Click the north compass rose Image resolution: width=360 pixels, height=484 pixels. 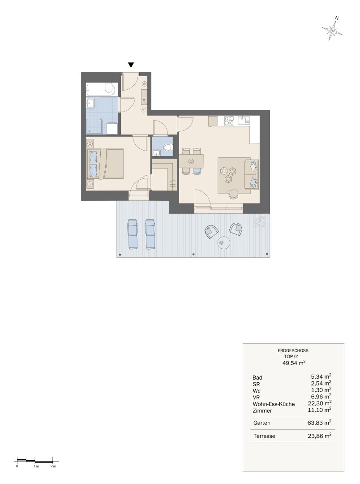click(332, 30)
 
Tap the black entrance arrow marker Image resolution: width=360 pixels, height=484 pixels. click(131, 65)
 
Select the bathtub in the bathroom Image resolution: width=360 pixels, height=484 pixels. click(101, 90)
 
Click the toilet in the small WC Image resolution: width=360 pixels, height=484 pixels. click(168, 147)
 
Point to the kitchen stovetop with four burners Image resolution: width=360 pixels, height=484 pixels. click(229, 121)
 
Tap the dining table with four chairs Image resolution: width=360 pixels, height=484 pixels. click(191, 161)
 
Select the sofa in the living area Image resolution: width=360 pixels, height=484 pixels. click(252, 174)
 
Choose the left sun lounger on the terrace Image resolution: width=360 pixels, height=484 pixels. click(133, 234)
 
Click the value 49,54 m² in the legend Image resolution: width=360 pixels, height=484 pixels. click(294, 363)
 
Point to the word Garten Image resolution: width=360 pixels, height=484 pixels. click(261, 423)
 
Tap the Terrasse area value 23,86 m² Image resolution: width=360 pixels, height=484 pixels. click(319, 436)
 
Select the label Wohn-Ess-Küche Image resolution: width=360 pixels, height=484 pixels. click(274, 404)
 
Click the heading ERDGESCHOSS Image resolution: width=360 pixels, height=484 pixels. click(293, 350)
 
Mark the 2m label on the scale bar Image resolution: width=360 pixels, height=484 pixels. click(53, 466)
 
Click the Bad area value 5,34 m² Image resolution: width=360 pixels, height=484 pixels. click(321, 376)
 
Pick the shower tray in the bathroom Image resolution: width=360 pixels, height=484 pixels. click(94, 126)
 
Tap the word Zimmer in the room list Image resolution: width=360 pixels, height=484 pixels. click(262, 411)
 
